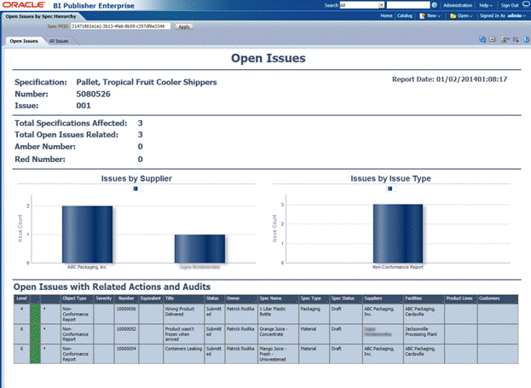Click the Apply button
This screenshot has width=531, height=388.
pos(184,26)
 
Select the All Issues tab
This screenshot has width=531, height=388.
pos(59,40)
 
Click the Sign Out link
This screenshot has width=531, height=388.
pos(509,5)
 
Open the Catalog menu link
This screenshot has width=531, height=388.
pos(405,15)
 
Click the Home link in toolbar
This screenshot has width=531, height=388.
pos(386,15)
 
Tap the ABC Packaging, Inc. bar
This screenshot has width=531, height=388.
pos(86,233)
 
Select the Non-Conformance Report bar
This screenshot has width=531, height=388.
pos(397,232)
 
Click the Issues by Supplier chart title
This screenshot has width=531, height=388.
pos(136,179)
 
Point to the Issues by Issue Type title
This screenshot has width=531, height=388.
pos(390,179)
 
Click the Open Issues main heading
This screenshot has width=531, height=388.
pos(268,59)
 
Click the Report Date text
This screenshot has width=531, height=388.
pos(449,78)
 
